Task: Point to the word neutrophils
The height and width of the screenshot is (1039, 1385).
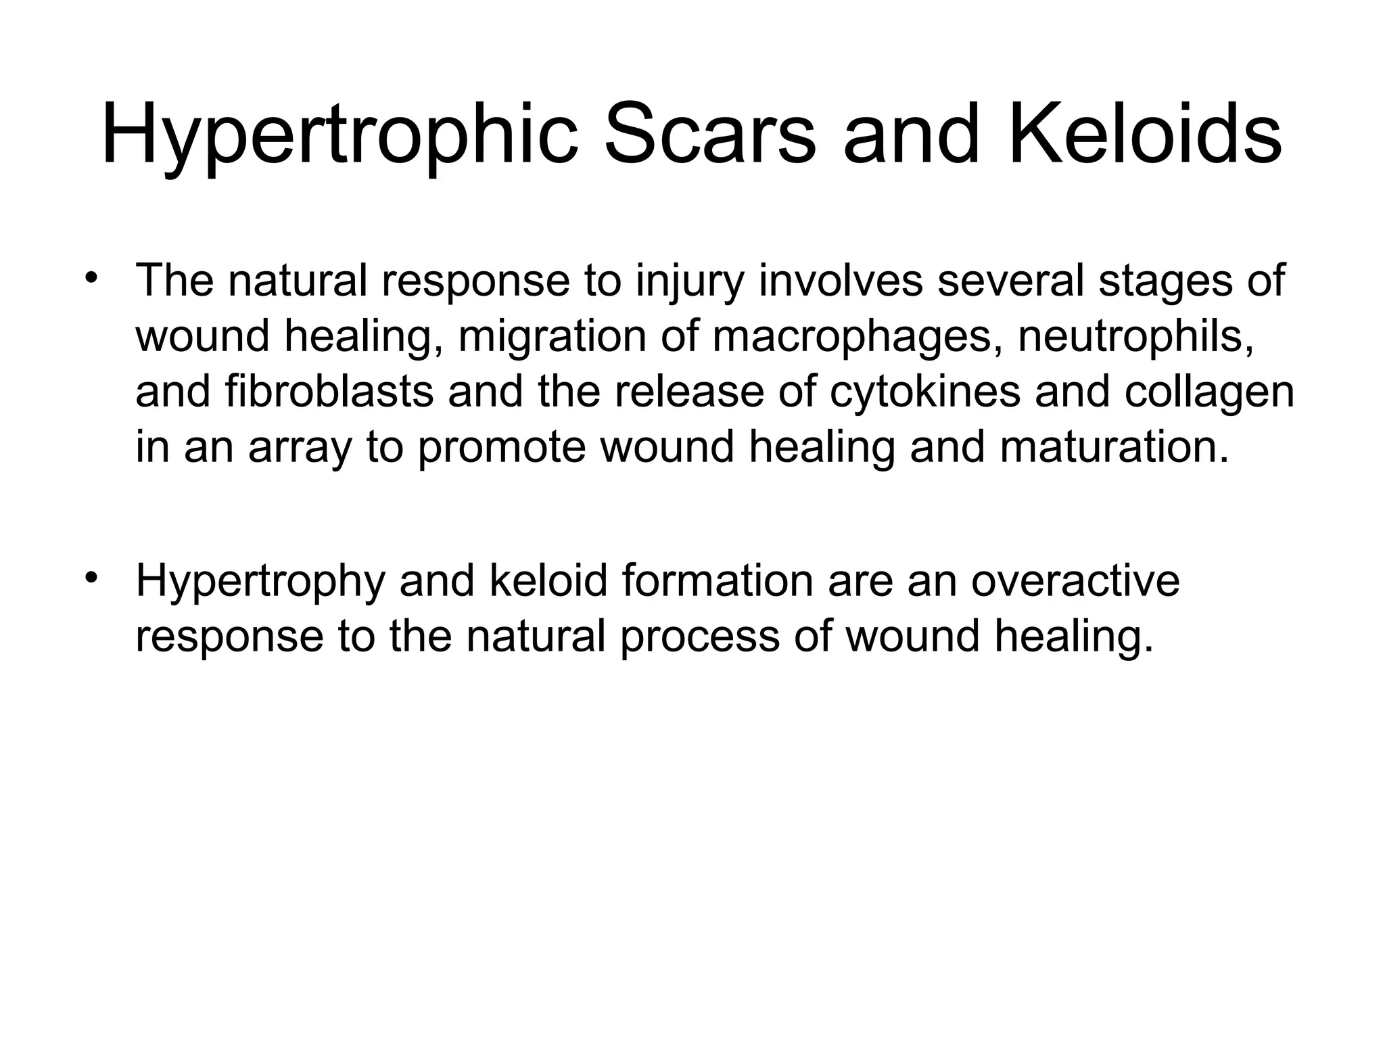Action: [1135, 336]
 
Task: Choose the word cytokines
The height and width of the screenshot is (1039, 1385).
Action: [925, 393]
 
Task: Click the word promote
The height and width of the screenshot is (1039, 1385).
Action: [501, 448]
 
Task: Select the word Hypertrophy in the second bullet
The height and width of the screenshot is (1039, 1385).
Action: [260, 581]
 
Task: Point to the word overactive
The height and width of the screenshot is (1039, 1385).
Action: [1076, 580]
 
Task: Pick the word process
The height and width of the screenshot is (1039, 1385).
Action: [699, 637]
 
